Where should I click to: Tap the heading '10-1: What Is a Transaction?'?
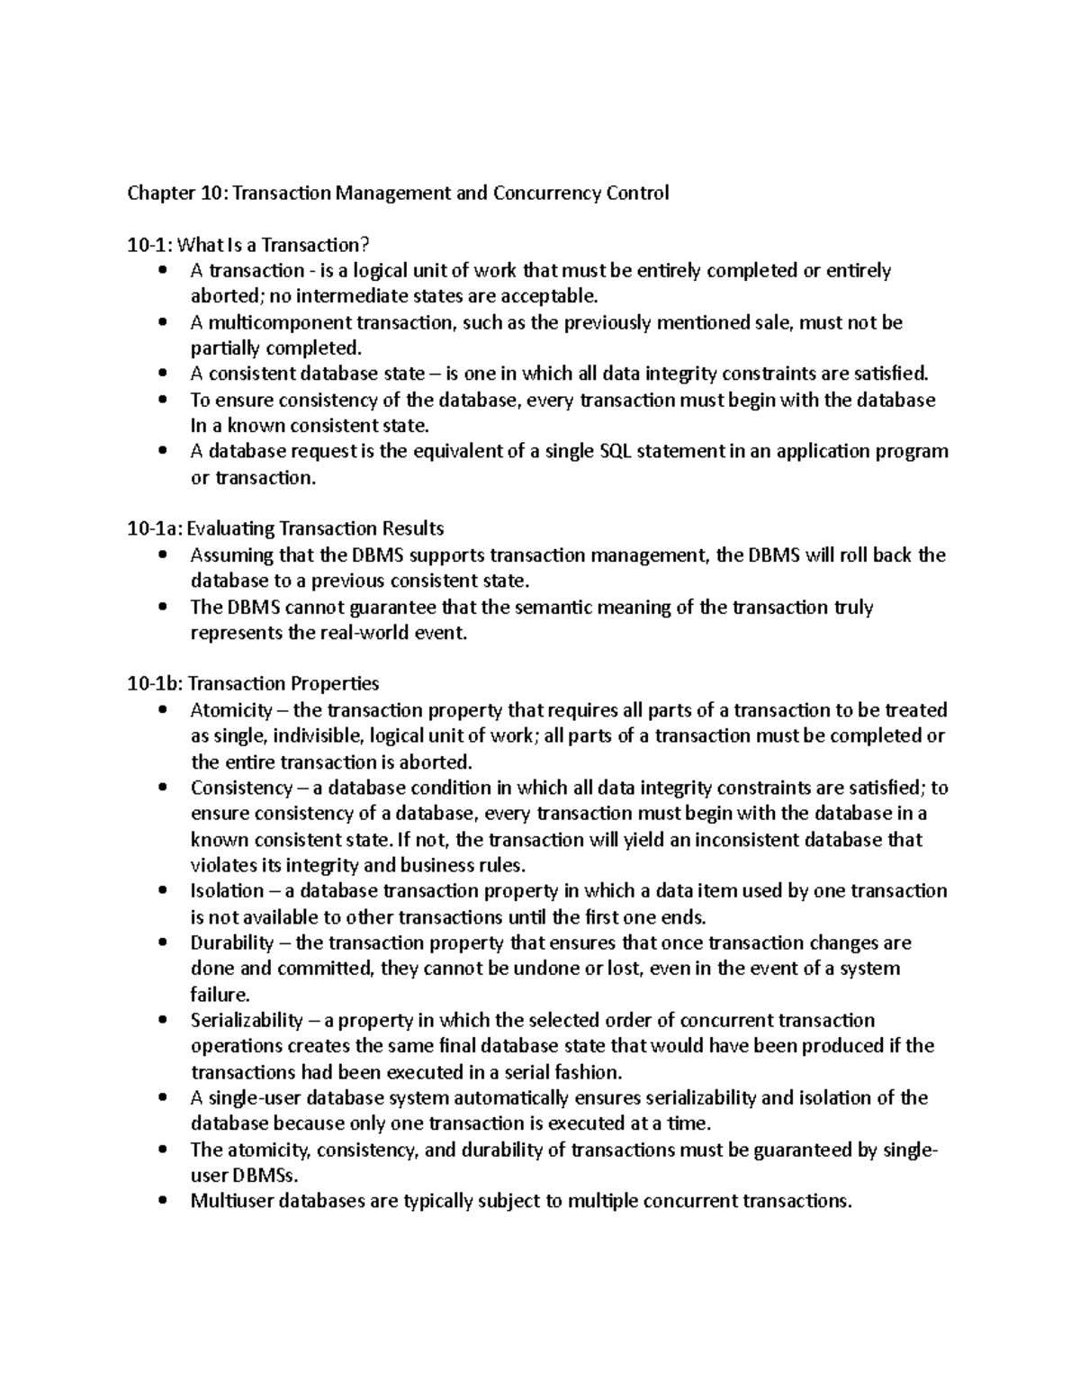[x=248, y=245]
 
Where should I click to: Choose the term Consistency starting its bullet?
[x=236, y=789]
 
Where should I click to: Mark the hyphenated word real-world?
[x=368, y=634]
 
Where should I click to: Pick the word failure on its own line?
[x=218, y=996]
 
